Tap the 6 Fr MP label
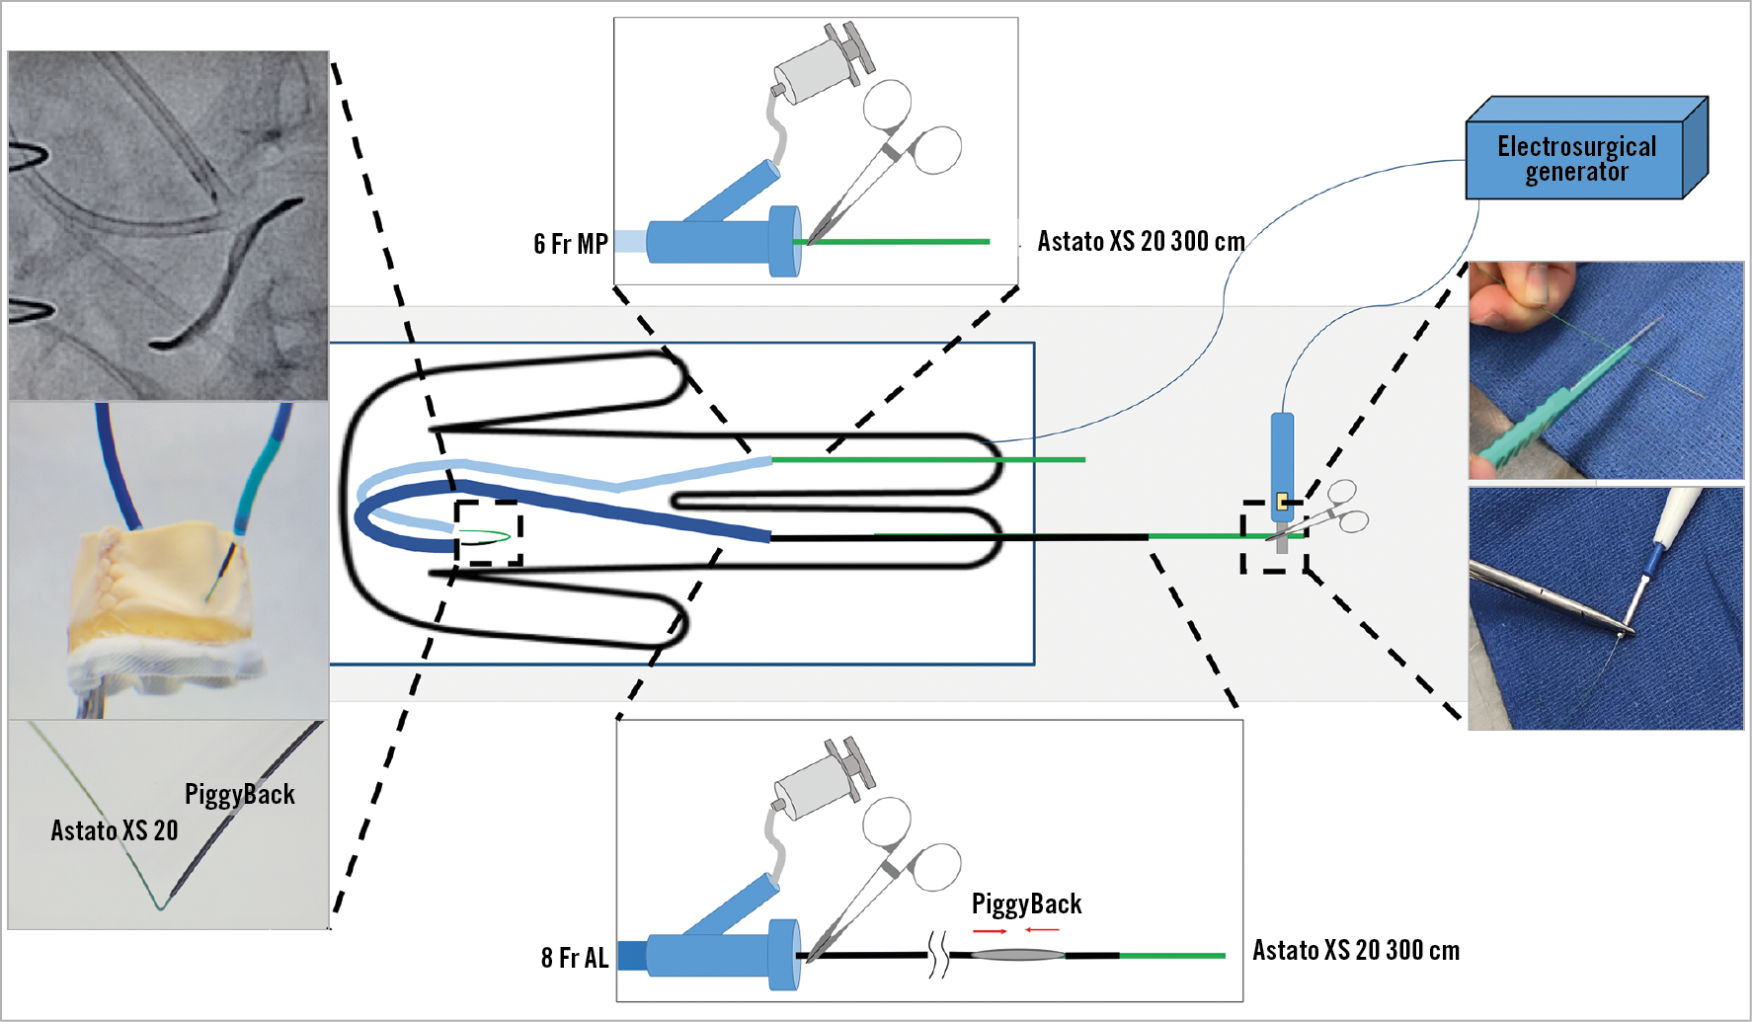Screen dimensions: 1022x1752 [x=571, y=244]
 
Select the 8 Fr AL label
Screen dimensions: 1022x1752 [x=575, y=958]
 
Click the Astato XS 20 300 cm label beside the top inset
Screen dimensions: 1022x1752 [x=1141, y=242]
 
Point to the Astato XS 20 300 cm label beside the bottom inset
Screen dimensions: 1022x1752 [x=1356, y=950]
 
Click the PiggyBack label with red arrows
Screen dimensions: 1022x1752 [x=1026, y=904]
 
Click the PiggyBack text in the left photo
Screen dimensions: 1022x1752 [x=240, y=794]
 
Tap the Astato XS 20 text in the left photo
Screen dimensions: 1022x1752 [x=115, y=830]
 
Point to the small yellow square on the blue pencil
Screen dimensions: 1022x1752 [x=1282, y=502]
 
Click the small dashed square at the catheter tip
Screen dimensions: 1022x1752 [x=488, y=533]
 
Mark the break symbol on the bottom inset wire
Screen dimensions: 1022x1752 [x=938, y=956]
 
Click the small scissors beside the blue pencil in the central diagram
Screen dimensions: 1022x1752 [x=1333, y=509]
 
